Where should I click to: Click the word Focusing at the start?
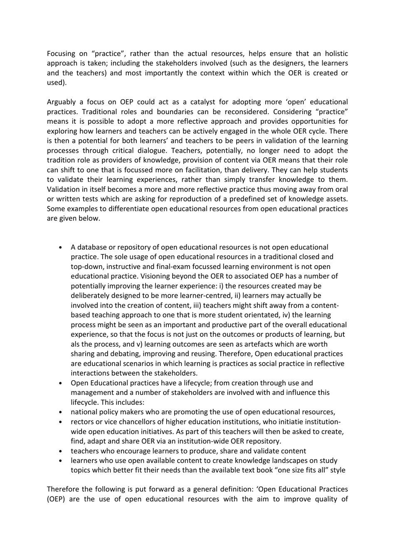click(61, 54)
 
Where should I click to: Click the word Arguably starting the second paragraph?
click(61, 102)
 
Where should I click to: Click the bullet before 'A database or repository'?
click(61, 247)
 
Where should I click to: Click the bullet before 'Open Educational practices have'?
click(61, 383)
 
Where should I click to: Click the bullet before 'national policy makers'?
click(61, 412)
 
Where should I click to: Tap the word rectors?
click(82, 422)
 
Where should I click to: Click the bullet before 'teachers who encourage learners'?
click(61, 451)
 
